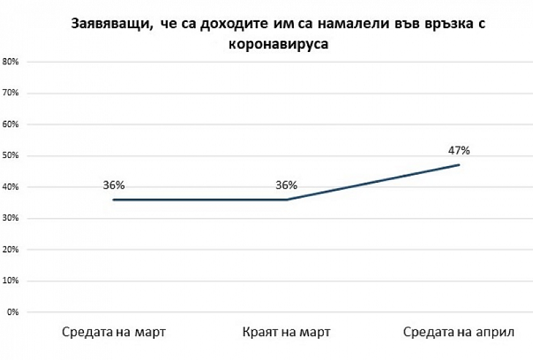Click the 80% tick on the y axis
pos(12,62)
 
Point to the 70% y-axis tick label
pos(12,93)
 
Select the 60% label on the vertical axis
pos(12,125)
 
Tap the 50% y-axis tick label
pos(12,156)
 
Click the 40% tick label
pos(12,187)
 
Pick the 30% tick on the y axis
pos(12,219)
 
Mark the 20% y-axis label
pos(12,250)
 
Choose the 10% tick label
pos(12,281)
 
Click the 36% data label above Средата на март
pos(113,185)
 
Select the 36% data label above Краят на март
pos(286,185)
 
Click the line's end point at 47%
pos(459,165)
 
